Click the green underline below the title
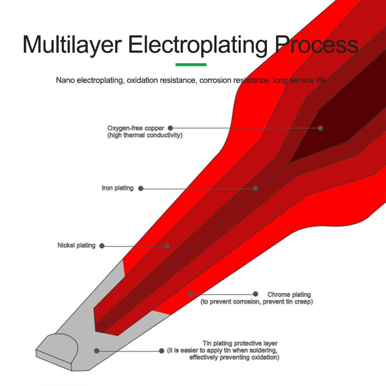click(191, 64)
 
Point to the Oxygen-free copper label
click(136, 128)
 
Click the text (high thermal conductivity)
click(145, 135)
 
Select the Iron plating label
click(117, 188)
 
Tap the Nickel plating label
click(76, 246)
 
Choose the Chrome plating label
click(289, 294)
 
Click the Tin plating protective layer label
click(236, 344)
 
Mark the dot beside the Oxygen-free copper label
click(170, 128)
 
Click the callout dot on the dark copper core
click(320, 128)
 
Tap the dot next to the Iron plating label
click(141, 189)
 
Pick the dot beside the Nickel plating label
click(101, 246)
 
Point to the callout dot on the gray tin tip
click(96, 351)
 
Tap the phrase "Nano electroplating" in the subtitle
click(90, 80)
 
